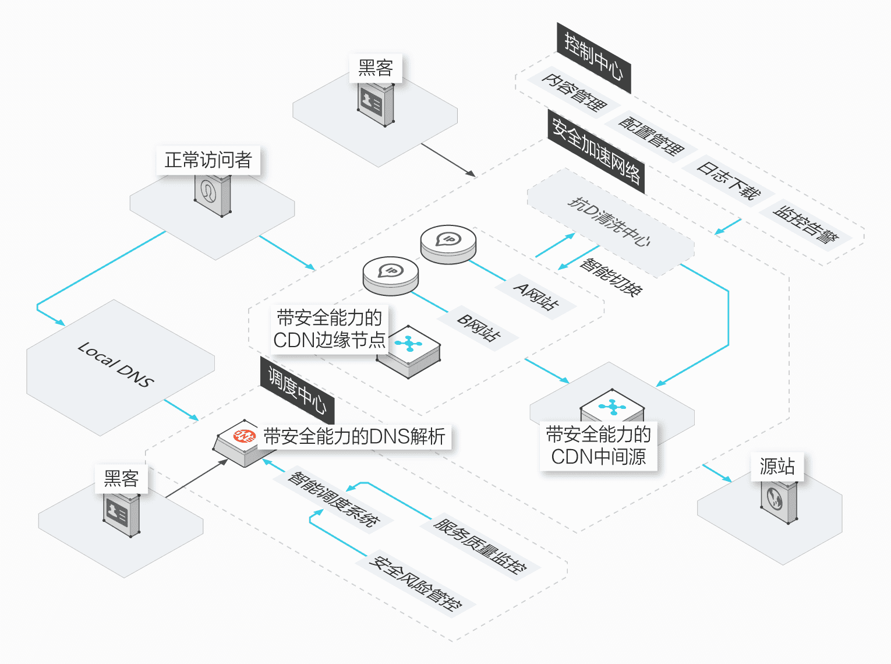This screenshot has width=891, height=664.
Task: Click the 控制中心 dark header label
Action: click(593, 58)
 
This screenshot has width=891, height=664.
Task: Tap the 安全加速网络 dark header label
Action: click(596, 151)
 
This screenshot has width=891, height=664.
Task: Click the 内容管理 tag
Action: click(574, 93)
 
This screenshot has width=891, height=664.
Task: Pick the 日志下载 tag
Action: click(729, 180)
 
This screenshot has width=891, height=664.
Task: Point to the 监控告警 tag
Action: click(805, 224)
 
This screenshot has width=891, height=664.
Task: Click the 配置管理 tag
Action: click(650, 136)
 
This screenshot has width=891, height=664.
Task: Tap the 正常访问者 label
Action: click(208, 160)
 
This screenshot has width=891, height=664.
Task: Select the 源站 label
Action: click(777, 467)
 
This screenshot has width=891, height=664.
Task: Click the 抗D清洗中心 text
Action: click(609, 222)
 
